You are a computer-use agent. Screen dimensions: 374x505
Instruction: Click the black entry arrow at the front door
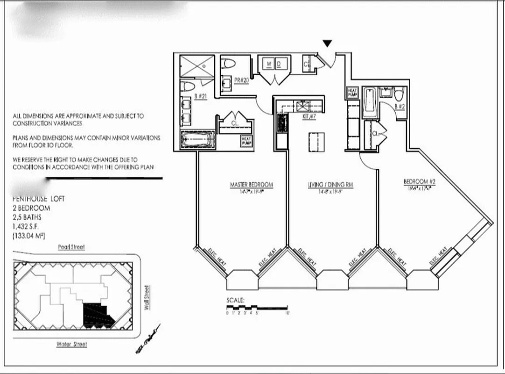click(328, 43)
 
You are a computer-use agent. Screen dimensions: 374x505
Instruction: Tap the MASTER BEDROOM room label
click(251, 185)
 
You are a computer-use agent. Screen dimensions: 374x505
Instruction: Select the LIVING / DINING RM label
click(330, 185)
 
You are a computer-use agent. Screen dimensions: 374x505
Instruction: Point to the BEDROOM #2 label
click(419, 181)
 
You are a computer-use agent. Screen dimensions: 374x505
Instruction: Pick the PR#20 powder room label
click(241, 80)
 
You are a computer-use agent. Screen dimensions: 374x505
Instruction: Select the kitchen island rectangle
click(316, 142)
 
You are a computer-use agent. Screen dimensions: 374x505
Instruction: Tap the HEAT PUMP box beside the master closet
click(246, 140)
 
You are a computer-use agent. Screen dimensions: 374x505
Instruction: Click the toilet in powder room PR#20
click(229, 64)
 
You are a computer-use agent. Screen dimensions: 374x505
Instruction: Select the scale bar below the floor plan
click(257, 308)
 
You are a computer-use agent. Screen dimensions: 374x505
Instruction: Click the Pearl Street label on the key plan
click(71, 247)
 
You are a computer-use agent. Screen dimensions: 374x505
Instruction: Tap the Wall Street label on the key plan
click(147, 298)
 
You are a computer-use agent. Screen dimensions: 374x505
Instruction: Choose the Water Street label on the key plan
click(71, 345)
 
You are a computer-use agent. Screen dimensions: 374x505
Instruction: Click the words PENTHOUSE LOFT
click(39, 199)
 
